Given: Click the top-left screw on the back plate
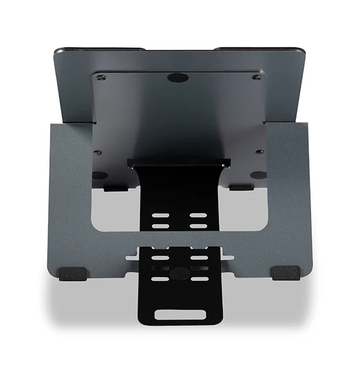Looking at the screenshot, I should [x=101, y=77].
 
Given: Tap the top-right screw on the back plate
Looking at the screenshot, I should [x=256, y=77].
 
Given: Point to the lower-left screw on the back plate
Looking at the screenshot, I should [x=98, y=152].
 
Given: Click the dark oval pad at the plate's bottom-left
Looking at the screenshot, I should [x=100, y=175].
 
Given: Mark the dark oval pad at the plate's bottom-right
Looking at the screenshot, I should [x=258, y=175].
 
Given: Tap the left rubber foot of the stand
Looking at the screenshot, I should [x=73, y=273].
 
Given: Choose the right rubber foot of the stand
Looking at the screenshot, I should [x=286, y=273].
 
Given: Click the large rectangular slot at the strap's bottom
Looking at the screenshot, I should [x=180, y=314].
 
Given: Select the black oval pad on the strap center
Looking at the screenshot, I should [x=179, y=273].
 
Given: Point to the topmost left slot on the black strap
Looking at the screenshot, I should [x=160, y=216].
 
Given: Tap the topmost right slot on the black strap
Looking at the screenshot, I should [x=198, y=216].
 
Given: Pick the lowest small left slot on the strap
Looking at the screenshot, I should [x=160, y=279].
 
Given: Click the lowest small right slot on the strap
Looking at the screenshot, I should [x=199, y=279].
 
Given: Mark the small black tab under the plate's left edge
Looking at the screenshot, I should [x=116, y=188].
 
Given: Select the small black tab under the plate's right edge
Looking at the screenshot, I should [x=241, y=188].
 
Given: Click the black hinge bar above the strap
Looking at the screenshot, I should [x=179, y=162].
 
